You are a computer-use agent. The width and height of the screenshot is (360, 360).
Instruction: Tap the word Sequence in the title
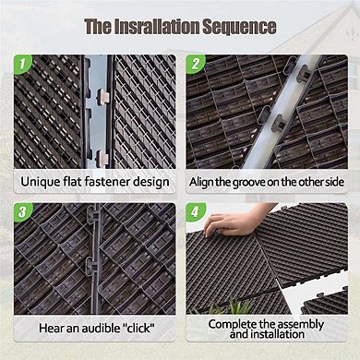pyautogui.click(x=241, y=26)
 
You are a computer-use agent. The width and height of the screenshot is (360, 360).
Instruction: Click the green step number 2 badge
pyautogui.click(x=196, y=66)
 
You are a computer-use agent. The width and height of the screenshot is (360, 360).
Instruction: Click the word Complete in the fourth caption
pyautogui.click(x=234, y=324)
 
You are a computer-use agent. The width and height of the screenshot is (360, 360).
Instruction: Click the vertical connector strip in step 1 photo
pyautogui.click(x=97, y=111)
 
